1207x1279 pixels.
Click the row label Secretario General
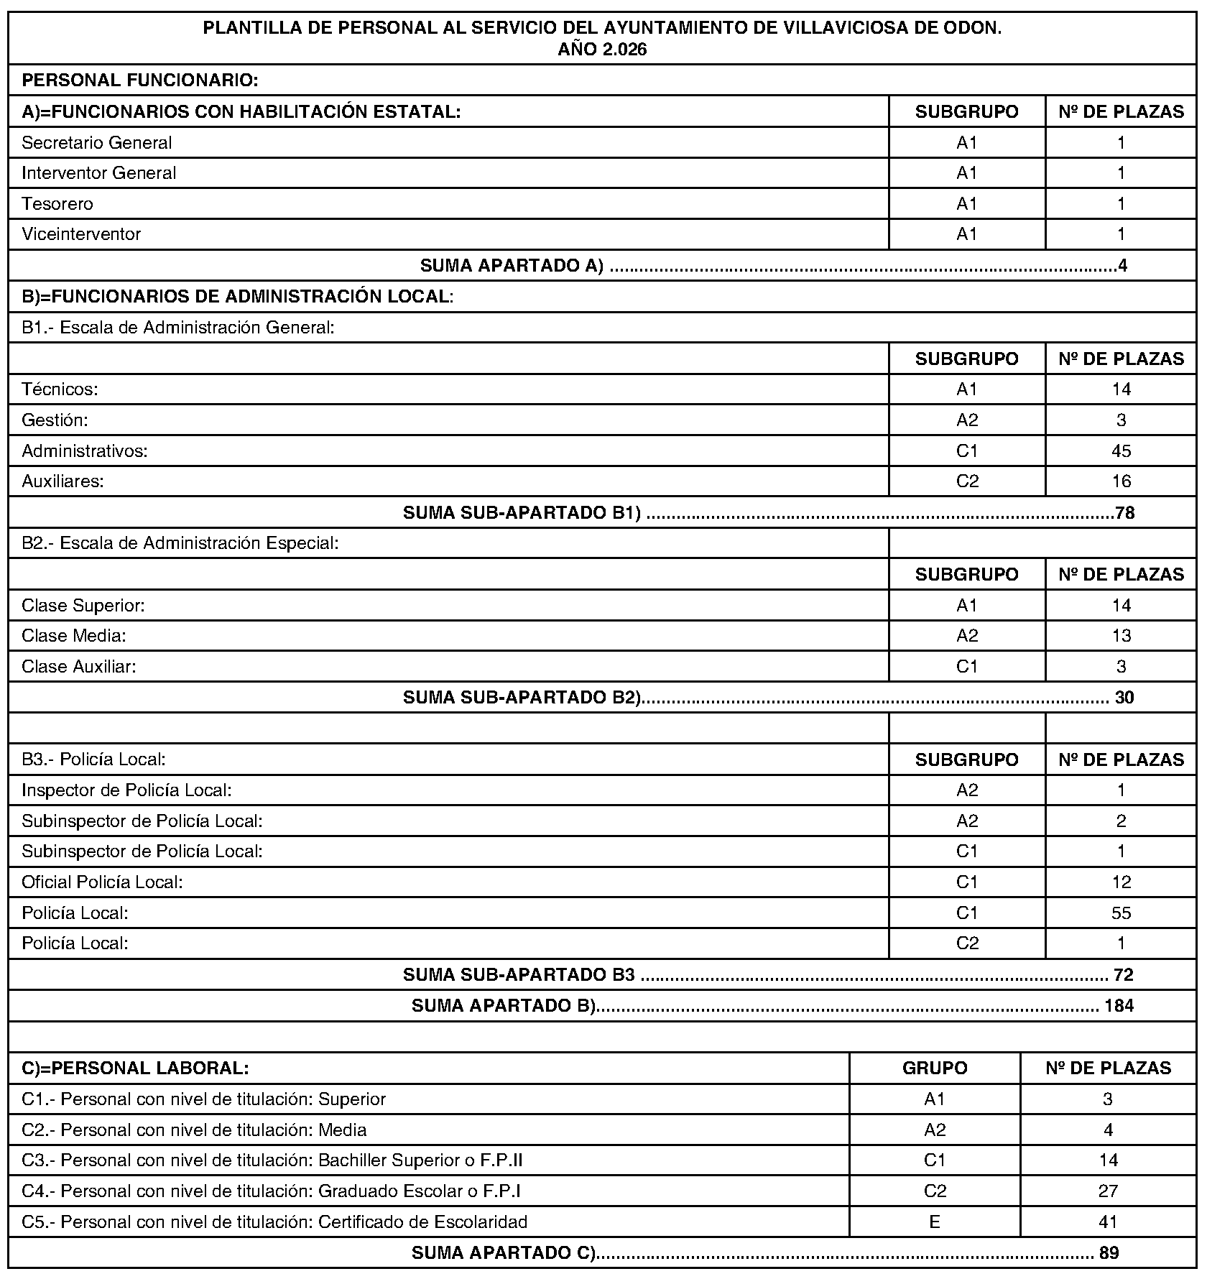point(97,143)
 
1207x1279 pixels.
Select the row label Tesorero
point(57,204)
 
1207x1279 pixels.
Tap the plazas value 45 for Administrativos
point(1121,451)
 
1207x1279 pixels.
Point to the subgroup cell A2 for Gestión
point(967,420)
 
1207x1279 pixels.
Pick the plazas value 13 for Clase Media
point(1121,636)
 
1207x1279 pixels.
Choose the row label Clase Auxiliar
point(79,667)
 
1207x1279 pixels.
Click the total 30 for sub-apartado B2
point(1124,698)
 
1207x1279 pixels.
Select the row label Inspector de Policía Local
point(126,790)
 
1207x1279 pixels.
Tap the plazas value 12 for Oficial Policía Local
point(1121,882)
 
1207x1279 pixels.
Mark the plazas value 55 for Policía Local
point(1121,913)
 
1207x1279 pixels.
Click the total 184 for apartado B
point(1119,1006)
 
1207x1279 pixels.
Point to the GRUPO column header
point(935,1068)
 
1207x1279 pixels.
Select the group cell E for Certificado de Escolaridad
point(935,1222)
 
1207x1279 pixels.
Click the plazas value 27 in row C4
point(1108,1191)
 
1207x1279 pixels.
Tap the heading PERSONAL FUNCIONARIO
point(140,80)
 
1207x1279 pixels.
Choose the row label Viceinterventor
point(81,234)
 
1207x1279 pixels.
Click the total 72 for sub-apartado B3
point(1123,975)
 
